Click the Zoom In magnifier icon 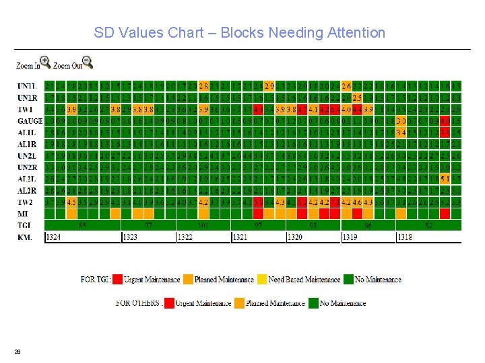pos(44,63)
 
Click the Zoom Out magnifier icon pos(87,63)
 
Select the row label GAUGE pos(30,121)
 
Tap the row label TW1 pos(26,109)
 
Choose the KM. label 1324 pos(54,237)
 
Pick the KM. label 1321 pos(240,237)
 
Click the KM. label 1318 pos(406,237)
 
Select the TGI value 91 pos(313,225)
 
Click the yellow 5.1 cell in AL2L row pos(445,179)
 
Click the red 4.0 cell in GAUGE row pos(445,121)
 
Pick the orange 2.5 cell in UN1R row pos(358,97)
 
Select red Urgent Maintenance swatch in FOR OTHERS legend pos(168,303)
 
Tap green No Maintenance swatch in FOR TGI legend pos(348,279)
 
